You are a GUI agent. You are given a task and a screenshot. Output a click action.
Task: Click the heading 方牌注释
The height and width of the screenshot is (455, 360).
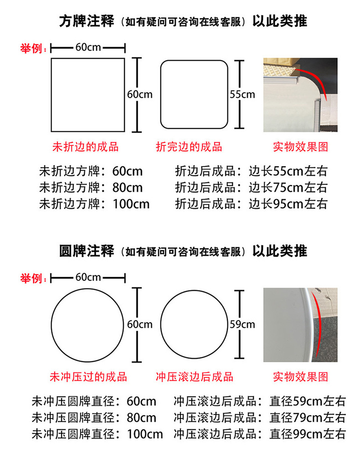[87, 21]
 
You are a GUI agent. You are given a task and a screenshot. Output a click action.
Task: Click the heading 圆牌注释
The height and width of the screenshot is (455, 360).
[87, 251]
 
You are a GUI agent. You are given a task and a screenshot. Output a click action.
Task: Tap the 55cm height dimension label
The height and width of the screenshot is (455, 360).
[242, 95]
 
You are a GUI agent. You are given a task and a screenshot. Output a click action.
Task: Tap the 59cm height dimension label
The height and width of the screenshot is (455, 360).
[242, 325]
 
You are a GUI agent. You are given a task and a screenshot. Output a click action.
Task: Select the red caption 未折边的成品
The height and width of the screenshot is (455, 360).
[86, 147]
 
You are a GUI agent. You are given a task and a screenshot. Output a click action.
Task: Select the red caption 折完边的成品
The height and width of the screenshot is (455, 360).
[189, 147]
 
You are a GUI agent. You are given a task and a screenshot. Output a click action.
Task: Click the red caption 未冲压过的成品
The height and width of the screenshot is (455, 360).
[88, 377]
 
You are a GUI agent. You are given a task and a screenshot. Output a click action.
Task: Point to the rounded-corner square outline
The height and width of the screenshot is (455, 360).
[194, 95]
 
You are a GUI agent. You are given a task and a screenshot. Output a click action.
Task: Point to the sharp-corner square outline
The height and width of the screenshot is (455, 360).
[88, 95]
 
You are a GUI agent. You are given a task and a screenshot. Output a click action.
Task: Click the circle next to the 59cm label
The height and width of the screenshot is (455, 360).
[194, 324]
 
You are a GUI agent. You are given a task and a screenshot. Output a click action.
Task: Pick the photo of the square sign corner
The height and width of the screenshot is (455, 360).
[300, 95]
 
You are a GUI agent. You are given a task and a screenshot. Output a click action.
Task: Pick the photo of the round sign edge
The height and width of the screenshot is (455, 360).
[300, 325]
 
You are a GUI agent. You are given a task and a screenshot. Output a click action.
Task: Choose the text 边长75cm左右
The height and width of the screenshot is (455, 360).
[288, 187]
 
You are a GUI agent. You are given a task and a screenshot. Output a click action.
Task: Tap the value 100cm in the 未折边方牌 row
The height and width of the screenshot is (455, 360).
[131, 203]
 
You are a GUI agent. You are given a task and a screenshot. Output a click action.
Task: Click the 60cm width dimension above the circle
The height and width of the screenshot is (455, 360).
[88, 277]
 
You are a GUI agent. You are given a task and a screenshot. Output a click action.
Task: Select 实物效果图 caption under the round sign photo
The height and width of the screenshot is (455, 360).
[300, 377]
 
